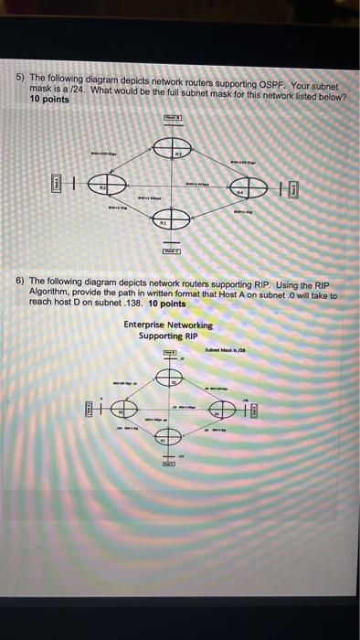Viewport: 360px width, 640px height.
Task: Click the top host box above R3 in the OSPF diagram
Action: pyautogui.click(x=173, y=119)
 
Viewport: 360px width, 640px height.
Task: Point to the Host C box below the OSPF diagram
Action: pyautogui.click(x=172, y=250)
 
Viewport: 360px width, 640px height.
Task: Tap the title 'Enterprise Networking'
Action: pyautogui.click(x=168, y=325)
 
